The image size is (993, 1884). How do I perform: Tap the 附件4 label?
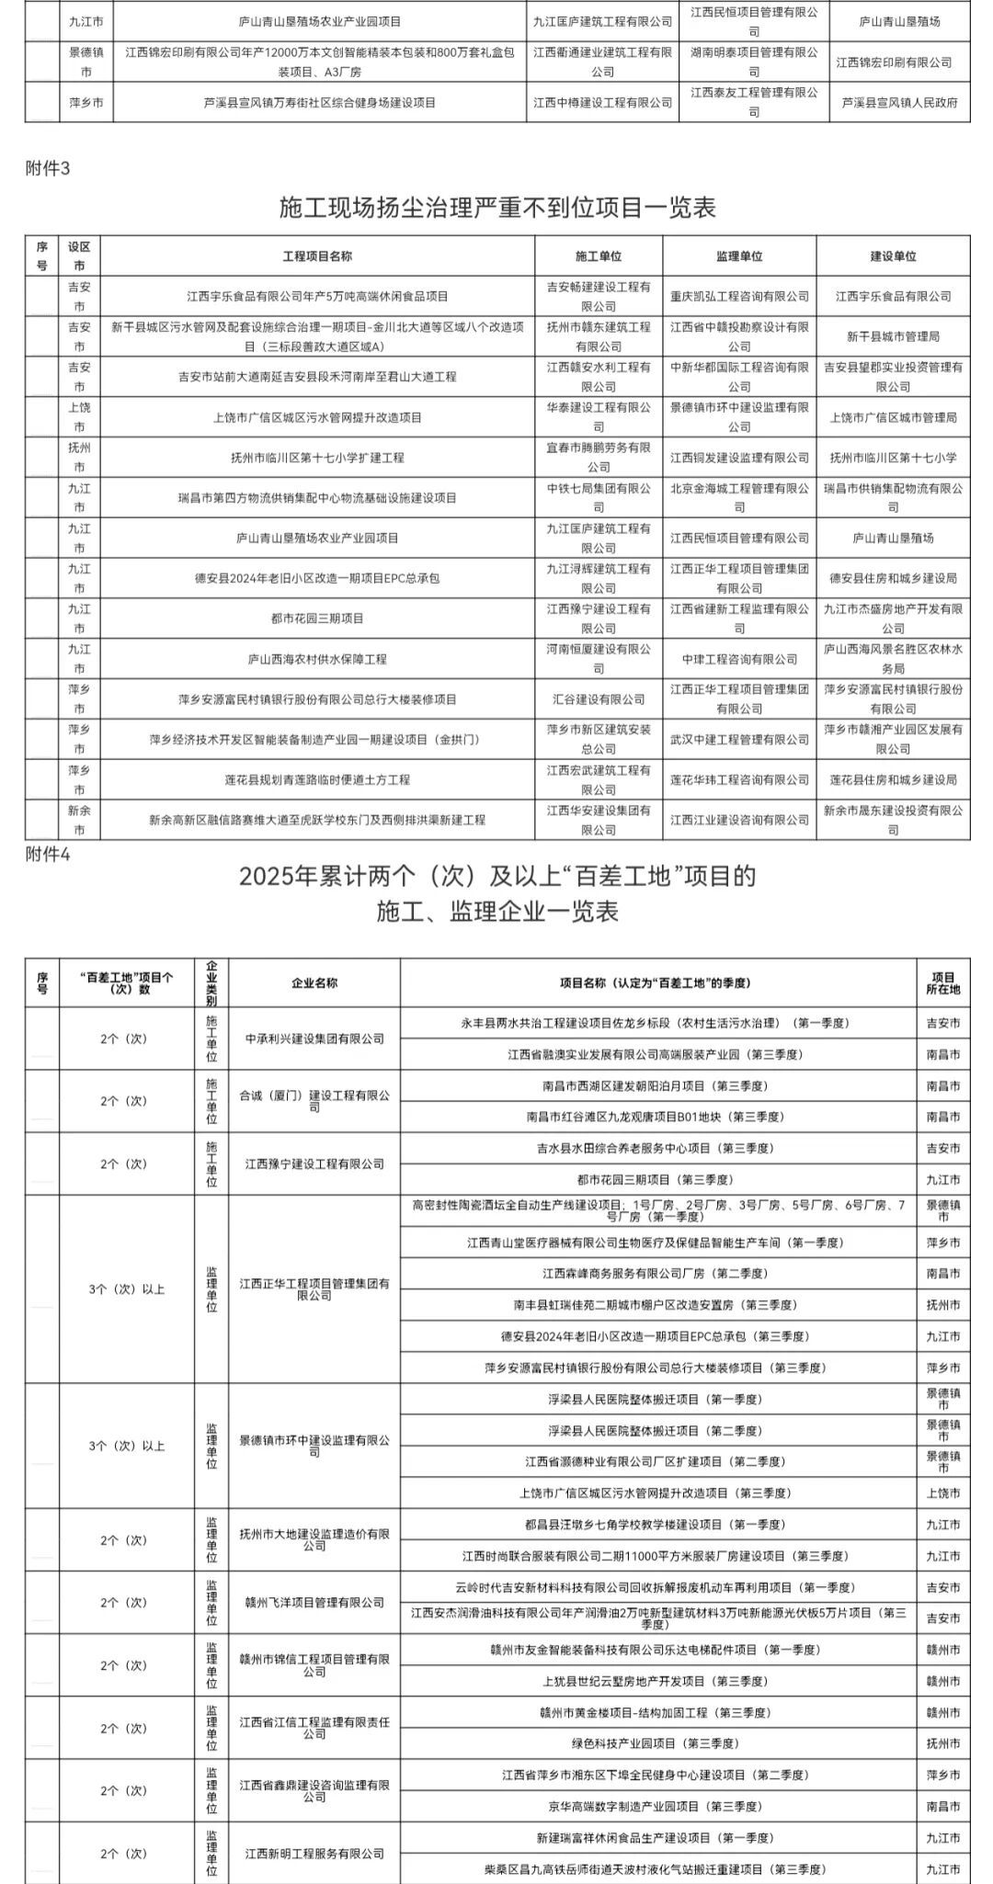pyautogui.click(x=50, y=854)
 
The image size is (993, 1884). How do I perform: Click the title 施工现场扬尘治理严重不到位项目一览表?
pyautogui.click(x=497, y=207)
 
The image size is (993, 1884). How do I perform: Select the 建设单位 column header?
pyautogui.click(x=893, y=256)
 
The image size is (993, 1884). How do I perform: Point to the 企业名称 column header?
pyautogui.click(x=314, y=982)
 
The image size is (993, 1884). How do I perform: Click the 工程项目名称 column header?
pyautogui.click(x=317, y=256)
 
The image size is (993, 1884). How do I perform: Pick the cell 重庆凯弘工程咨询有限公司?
pyautogui.click(x=739, y=296)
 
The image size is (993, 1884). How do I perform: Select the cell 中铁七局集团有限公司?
pyautogui.click(x=599, y=497)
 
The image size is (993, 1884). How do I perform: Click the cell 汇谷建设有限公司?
pyautogui.click(x=599, y=699)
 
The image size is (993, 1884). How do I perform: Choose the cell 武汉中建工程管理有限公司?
pyautogui.click(x=739, y=740)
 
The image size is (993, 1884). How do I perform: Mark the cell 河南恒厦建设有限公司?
pyautogui.click(x=599, y=659)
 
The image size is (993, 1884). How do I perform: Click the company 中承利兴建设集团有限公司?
pyautogui.click(x=314, y=1038)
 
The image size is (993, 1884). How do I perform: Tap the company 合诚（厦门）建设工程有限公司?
pyautogui.click(x=314, y=1101)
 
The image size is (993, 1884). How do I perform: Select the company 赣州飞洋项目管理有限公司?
pyautogui.click(x=314, y=1602)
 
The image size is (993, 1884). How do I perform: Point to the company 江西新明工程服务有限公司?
pyautogui.click(x=314, y=1854)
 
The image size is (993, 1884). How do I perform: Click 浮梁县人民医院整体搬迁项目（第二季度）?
pyautogui.click(x=657, y=1431)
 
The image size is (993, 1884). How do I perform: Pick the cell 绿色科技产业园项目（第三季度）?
pyautogui.click(x=657, y=1743)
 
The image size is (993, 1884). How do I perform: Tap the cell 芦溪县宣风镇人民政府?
pyautogui.click(x=899, y=103)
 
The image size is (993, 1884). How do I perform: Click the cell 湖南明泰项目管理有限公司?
pyautogui.click(x=754, y=62)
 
